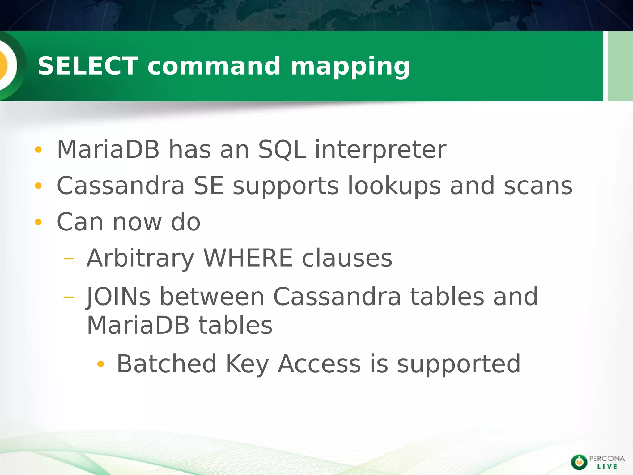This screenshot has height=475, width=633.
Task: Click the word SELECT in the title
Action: (x=88, y=66)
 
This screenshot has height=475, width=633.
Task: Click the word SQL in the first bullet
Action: (x=282, y=150)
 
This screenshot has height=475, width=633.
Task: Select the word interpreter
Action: (x=380, y=150)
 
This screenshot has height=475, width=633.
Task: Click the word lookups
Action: (x=394, y=186)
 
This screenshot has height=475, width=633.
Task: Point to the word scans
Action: (x=538, y=186)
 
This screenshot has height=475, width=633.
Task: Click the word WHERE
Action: (x=248, y=258)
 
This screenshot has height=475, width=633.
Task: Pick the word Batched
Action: (x=166, y=364)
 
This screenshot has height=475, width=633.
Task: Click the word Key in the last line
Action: (x=247, y=364)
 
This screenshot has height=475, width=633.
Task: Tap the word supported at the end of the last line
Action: (x=459, y=364)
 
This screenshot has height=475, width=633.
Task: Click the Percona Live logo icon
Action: (x=579, y=462)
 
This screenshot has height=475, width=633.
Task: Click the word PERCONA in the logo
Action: (x=607, y=458)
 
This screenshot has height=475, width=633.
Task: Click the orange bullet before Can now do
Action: (x=38, y=222)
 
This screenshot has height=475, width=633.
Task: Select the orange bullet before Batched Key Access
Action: (x=100, y=364)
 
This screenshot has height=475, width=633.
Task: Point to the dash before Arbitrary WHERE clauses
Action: (x=69, y=259)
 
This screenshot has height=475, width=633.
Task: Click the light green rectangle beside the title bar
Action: (x=620, y=66)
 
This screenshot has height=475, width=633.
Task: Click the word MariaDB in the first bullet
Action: (x=108, y=150)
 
